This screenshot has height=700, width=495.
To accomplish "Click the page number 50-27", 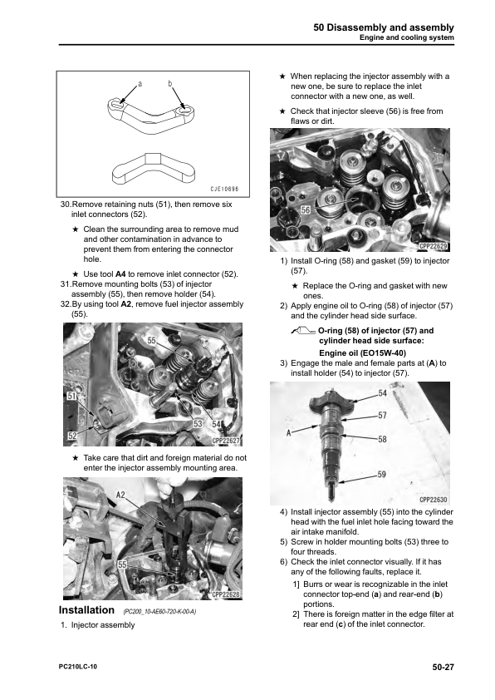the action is coord(443,667).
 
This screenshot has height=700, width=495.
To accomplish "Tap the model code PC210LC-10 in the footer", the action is coord(77,667).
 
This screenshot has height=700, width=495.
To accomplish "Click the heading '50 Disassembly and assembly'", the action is coord(384,27).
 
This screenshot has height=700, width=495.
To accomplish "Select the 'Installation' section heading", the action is coord(86,610).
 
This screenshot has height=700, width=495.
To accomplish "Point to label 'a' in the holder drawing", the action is coord(140,83).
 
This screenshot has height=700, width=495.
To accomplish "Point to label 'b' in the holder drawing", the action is coord(170,83).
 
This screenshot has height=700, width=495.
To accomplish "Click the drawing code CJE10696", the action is coord(224,189).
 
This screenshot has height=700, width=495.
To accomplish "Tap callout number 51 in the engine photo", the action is coord(71,396).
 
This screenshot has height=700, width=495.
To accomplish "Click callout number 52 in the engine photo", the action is coord(71,436).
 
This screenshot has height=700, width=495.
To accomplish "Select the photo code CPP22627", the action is coord(226,441).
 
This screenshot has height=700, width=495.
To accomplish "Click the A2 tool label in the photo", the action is coord(120,495).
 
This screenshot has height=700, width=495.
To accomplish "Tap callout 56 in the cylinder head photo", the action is coord(306,210).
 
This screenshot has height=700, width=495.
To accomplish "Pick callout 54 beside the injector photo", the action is coord(383,393).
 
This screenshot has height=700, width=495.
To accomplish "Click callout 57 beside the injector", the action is coord(382,415).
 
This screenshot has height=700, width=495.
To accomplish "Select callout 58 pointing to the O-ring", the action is coord(382,439).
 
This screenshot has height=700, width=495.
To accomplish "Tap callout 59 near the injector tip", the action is coord(382,474).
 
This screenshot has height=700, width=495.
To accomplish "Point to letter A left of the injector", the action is coord(288,432).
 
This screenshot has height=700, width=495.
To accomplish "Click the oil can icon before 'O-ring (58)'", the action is coord(303,331).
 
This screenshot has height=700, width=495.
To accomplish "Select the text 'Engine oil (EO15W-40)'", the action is coord(362,353).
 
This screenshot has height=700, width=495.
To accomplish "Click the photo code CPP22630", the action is coord(433,500).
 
